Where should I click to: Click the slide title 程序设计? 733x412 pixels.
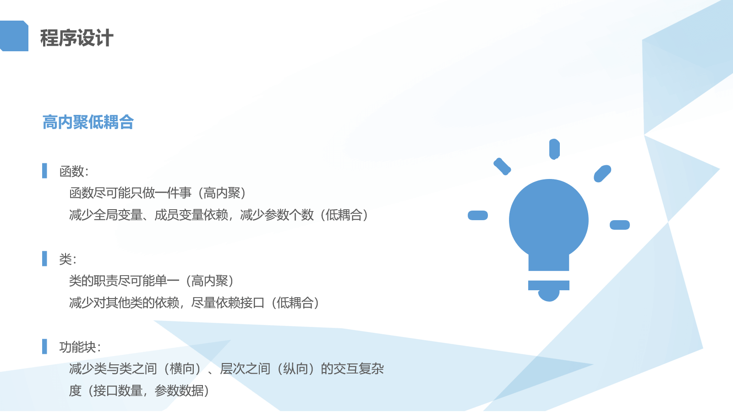point(77,38)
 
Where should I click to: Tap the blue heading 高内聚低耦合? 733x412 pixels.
point(88,122)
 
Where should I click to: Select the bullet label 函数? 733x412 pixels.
point(74,171)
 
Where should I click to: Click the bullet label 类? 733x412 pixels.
point(68,259)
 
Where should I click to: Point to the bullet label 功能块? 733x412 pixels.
point(80,347)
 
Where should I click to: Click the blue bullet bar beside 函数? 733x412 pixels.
point(44,171)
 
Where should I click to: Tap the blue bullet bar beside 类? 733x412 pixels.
point(44,259)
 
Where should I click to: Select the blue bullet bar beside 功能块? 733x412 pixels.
point(44,347)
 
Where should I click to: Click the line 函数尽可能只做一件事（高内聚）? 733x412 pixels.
point(158,193)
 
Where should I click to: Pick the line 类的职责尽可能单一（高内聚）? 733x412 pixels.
point(151,281)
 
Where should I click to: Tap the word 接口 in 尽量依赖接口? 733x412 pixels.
point(252,303)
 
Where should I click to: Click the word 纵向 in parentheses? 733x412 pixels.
point(295,369)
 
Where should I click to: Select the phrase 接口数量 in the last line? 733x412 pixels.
point(118,391)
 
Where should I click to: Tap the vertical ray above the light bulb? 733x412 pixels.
point(554,149)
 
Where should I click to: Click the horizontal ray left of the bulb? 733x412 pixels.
point(478,216)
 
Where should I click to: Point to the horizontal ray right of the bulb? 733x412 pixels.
point(620,225)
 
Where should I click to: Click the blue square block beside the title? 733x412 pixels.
point(14,36)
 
